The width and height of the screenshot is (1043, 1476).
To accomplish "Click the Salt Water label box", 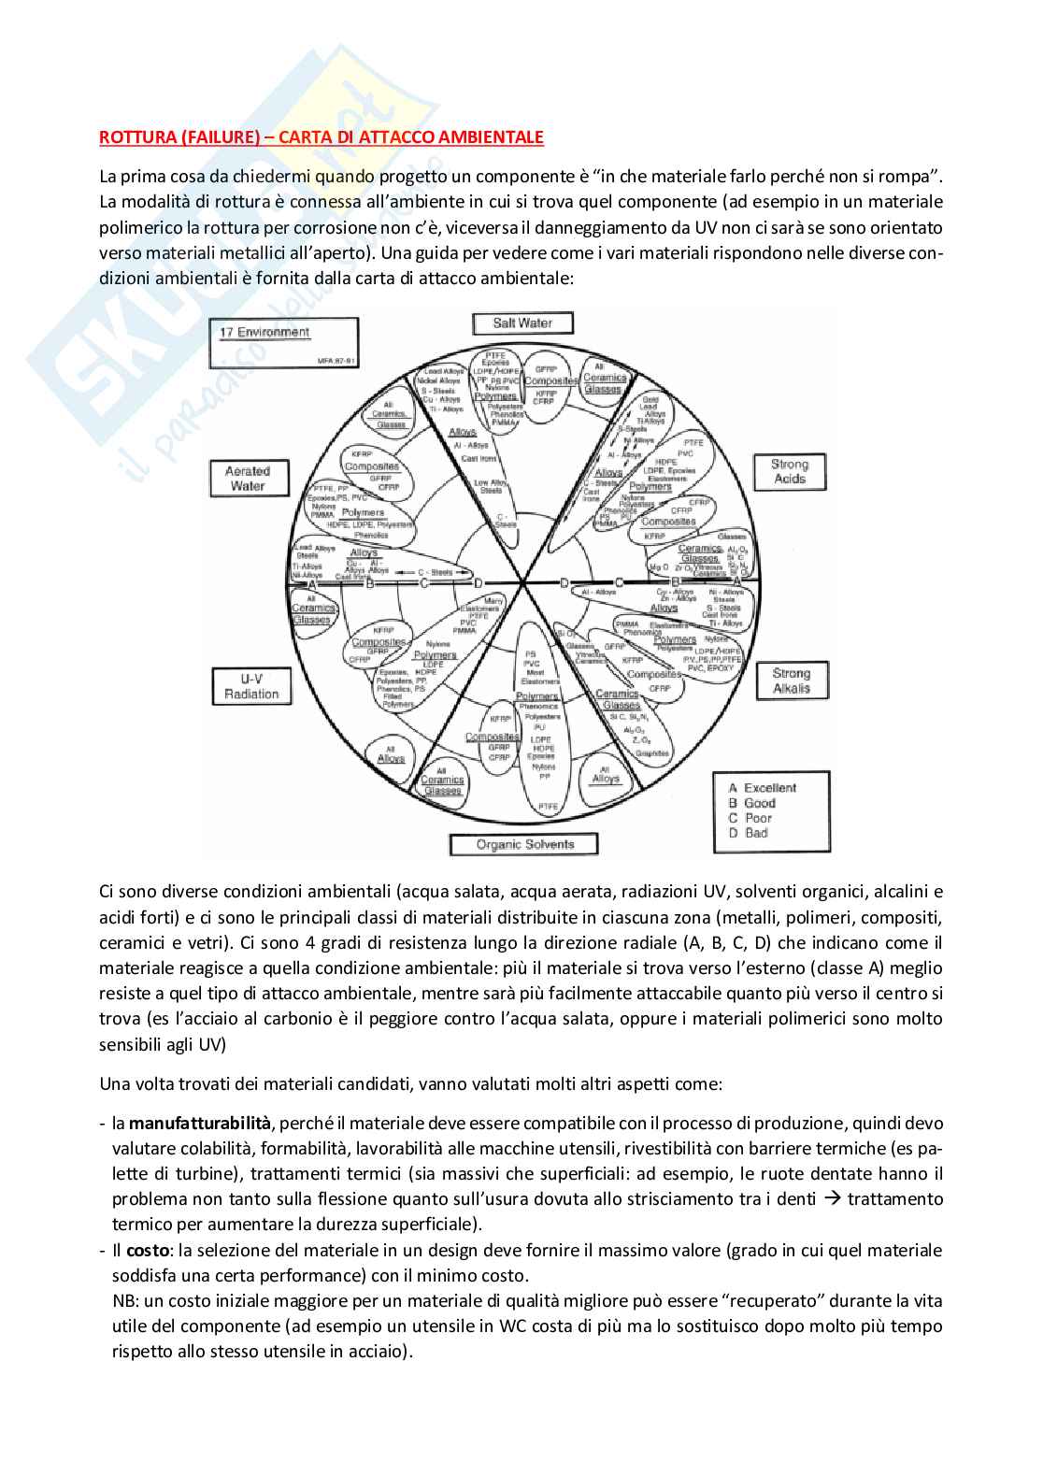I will pos(521,323).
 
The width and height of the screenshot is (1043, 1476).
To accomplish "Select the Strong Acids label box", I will pos(789,471).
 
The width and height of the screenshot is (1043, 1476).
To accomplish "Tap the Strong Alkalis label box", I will pos(791,681).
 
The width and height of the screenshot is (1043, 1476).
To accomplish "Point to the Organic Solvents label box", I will pos(524,844).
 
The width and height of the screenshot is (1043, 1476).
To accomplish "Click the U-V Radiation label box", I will pos(250,686).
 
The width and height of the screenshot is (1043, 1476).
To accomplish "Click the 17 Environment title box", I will pos(287,343).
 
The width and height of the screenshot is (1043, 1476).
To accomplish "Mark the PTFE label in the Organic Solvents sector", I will pos(548,805).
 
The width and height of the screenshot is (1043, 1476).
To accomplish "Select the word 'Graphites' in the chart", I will pos(651,753).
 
